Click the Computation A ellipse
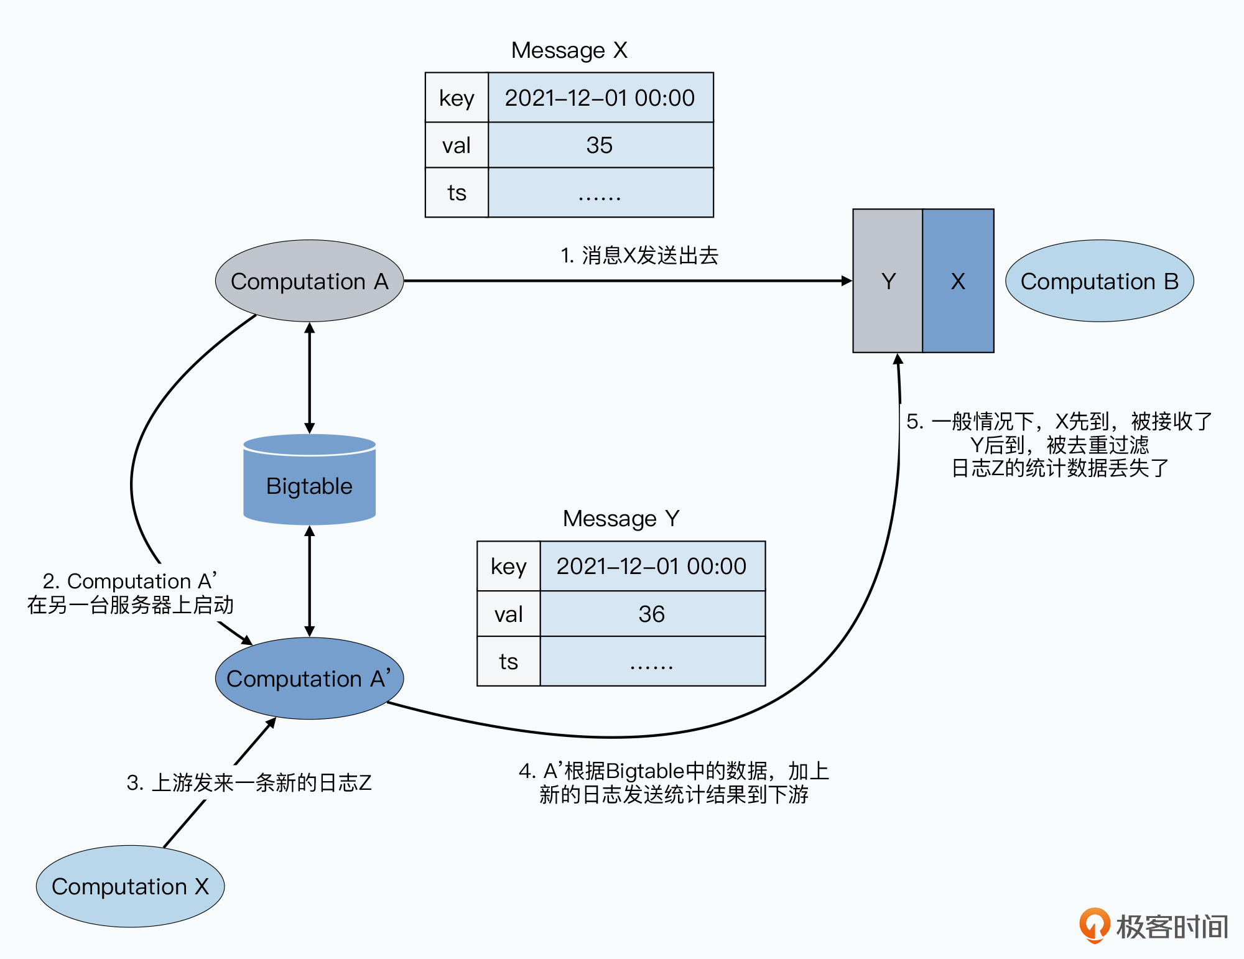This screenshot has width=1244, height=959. [309, 281]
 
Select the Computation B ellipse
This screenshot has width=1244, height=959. [1099, 281]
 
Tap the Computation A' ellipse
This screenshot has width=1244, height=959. [309, 679]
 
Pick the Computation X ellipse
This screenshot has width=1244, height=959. [130, 886]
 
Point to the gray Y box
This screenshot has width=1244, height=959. [888, 281]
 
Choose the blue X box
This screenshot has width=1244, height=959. [958, 281]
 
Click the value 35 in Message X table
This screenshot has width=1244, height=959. [600, 145]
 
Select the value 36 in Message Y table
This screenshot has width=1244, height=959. [652, 614]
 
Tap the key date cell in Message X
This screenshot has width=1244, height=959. [600, 98]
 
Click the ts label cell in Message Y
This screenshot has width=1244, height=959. [508, 661]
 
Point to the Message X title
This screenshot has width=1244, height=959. [569, 50]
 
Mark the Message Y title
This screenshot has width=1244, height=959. [621, 518]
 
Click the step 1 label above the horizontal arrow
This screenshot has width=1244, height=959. [639, 255]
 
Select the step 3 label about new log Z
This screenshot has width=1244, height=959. [249, 782]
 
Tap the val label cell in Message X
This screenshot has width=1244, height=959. [457, 145]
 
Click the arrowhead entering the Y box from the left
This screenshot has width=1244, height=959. [847, 281]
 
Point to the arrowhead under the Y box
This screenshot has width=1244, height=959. [898, 359]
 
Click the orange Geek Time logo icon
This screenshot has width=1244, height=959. [1094, 925]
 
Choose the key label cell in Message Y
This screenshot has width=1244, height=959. [508, 566]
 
